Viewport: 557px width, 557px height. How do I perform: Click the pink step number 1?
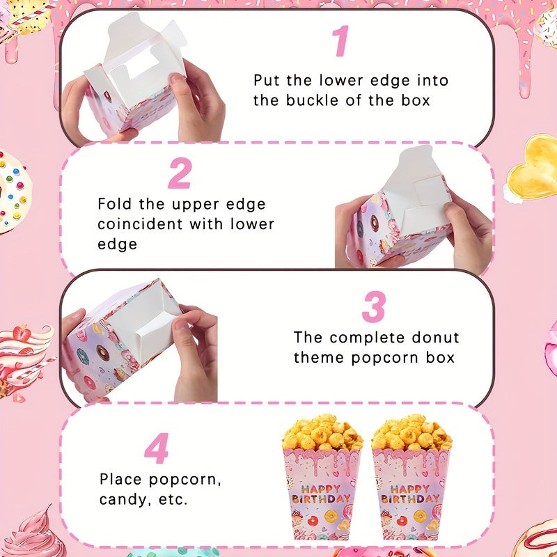tap(340, 41)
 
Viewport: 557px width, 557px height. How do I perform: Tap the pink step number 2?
tap(180, 173)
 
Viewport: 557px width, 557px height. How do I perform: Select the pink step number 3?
tap(374, 307)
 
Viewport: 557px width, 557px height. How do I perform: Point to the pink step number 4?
tap(157, 449)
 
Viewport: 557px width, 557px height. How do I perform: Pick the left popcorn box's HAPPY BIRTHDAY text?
tap(321, 494)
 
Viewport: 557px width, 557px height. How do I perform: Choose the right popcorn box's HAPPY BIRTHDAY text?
tap(410, 494)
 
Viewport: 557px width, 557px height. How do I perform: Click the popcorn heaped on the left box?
tap(321, 432)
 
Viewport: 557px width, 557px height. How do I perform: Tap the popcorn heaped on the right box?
tap(411, 432)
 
